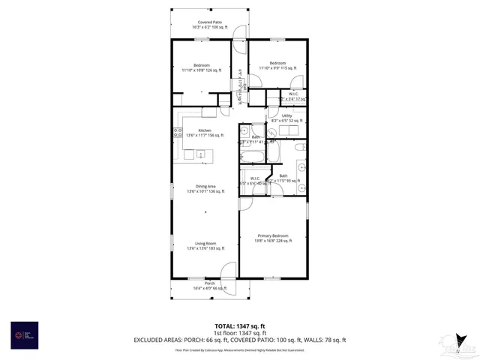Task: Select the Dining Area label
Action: (x=205, y=188)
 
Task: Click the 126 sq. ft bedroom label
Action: (x=196, y=67)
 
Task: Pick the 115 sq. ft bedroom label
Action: (x=277, y=66)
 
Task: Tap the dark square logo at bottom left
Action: (x=22, y=333)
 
